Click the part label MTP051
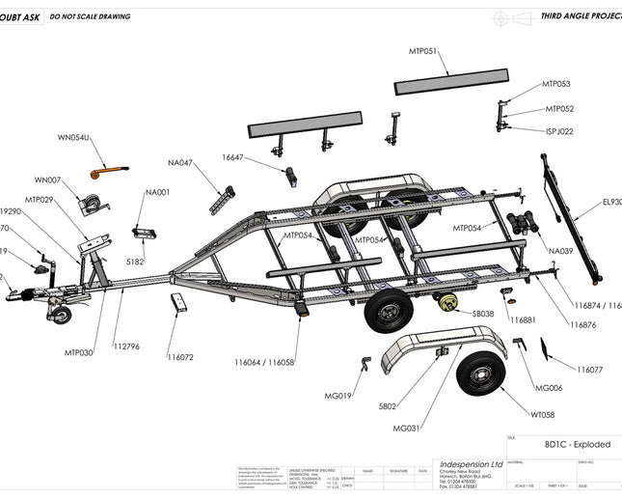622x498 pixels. [423, 50]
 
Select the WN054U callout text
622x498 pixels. [73, 138]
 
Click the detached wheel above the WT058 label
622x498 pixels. [479, 374]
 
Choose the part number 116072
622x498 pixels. [179, 357]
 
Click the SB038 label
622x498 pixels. [483, 314]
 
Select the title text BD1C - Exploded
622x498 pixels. [577, 445]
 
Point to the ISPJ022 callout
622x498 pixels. [559, 131]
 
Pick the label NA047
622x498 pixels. [180, 163]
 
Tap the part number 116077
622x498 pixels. [590, 370]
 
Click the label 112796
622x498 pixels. [126, 346]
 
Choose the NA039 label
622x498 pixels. [560, 251]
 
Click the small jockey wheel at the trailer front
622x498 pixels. [61, 316]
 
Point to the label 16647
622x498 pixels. [233, 157]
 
